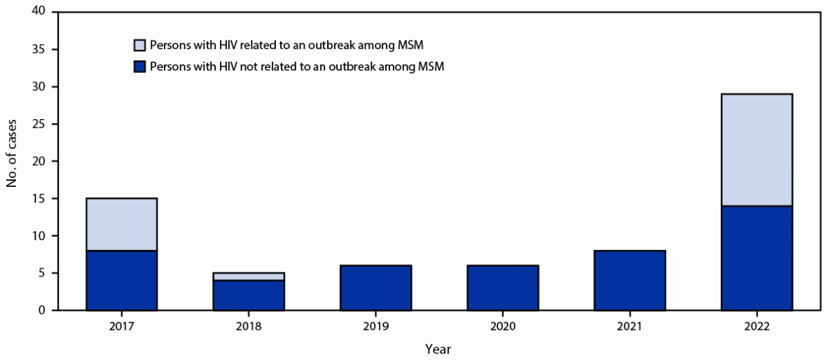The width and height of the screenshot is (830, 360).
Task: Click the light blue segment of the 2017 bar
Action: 122,224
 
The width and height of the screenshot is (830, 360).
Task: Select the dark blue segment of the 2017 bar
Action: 122,280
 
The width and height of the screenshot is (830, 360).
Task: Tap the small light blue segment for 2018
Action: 249,277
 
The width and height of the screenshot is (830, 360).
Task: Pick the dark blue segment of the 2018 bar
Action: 249,295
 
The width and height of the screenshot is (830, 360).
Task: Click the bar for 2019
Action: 375,288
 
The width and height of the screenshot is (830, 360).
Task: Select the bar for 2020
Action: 502,288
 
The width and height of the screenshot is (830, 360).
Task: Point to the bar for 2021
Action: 629,280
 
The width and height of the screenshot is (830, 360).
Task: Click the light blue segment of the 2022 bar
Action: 756,150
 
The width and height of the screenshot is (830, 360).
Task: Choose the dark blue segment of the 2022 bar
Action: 756,258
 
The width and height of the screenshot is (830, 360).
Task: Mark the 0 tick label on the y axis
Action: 43,310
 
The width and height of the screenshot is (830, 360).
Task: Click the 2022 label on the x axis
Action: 756,326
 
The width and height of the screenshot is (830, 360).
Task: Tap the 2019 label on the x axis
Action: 375,326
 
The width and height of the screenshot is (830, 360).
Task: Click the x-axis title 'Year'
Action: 438,348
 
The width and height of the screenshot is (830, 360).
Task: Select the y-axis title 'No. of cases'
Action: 12,161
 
